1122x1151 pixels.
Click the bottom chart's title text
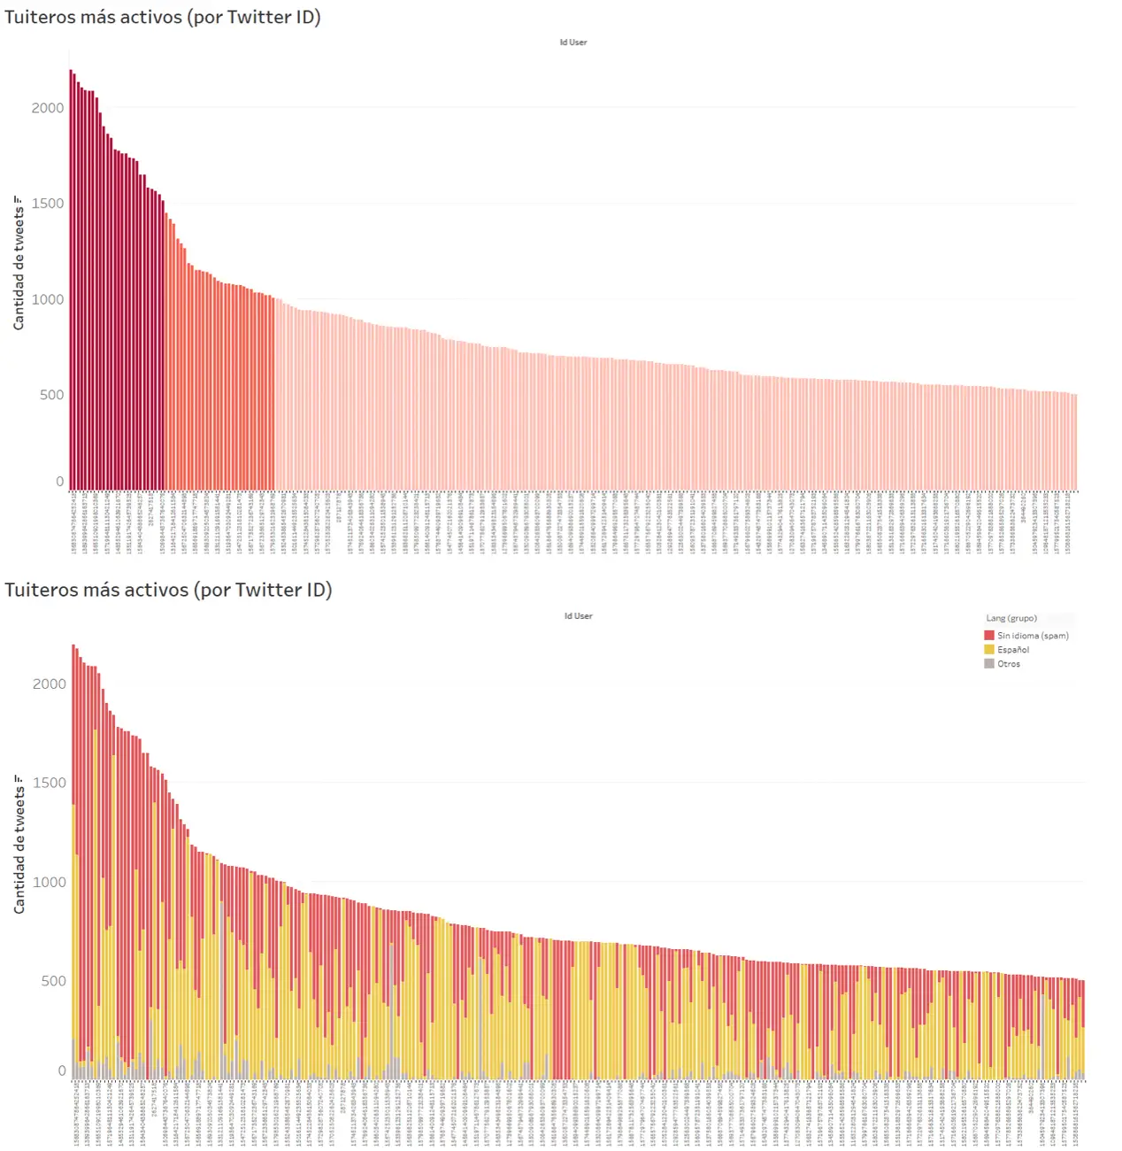168,590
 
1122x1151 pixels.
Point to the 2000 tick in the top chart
48,108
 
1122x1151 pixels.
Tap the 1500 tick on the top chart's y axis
48,204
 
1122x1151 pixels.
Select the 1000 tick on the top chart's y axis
48,299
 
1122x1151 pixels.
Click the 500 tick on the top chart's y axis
51,395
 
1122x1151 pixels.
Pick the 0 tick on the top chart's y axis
59,482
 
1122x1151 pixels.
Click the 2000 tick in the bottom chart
50,684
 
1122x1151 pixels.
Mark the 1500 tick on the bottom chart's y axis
50,783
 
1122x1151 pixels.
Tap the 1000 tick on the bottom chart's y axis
50,882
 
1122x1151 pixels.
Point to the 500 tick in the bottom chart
53,981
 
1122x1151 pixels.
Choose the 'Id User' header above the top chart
573,42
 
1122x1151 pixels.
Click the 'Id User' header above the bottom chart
578,616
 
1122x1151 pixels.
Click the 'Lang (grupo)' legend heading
1011,619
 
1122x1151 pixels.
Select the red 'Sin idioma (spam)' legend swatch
989,636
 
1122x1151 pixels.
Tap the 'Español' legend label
1013,650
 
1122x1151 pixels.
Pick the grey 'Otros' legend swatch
989,664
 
